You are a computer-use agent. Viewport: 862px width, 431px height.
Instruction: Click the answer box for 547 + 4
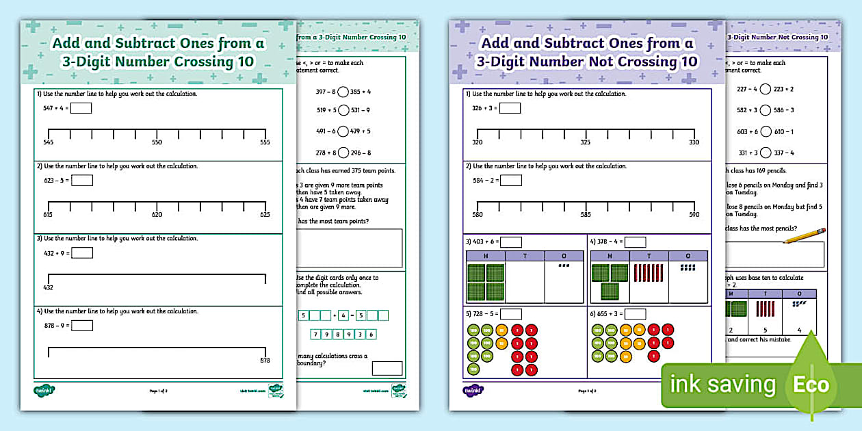click(81, 108)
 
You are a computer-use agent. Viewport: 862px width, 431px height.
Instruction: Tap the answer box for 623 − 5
click(82, 181)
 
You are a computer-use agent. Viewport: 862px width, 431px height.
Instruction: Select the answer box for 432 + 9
click(82, 253)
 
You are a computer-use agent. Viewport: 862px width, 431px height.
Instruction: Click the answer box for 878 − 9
click(82, 326)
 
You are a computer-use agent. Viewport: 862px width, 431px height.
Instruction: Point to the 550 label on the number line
click(157, 142)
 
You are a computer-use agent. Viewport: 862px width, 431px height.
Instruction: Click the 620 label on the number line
click(157, 215)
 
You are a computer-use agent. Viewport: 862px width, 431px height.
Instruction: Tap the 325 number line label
click(586, 142)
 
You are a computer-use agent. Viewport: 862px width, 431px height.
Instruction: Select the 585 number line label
click(586, 215)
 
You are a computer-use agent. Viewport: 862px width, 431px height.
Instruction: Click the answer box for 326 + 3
click(510, 108)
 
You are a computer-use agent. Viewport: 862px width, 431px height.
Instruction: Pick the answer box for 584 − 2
click(510, 181)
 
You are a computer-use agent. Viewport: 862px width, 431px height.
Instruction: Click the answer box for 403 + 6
click(511, 241)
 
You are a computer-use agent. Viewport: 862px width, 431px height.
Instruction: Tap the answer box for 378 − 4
click(635, 241)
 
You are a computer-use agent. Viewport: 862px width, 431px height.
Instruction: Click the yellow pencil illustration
click(805, 235)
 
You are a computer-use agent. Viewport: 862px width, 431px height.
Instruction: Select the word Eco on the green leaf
click(811, 384)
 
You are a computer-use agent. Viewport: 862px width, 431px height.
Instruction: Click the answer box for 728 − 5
click(511, 314)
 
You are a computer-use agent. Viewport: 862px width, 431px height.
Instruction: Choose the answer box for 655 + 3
click(635, 314)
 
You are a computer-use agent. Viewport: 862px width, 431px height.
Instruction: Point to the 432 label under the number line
click(48, 287)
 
